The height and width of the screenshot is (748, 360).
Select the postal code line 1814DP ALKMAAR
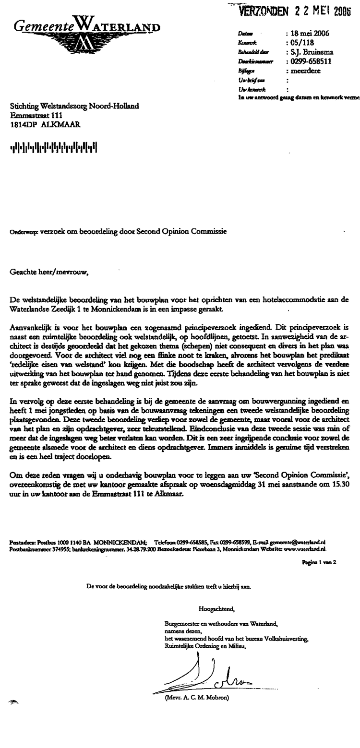(46, 124)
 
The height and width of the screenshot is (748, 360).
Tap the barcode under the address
(54, 146)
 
